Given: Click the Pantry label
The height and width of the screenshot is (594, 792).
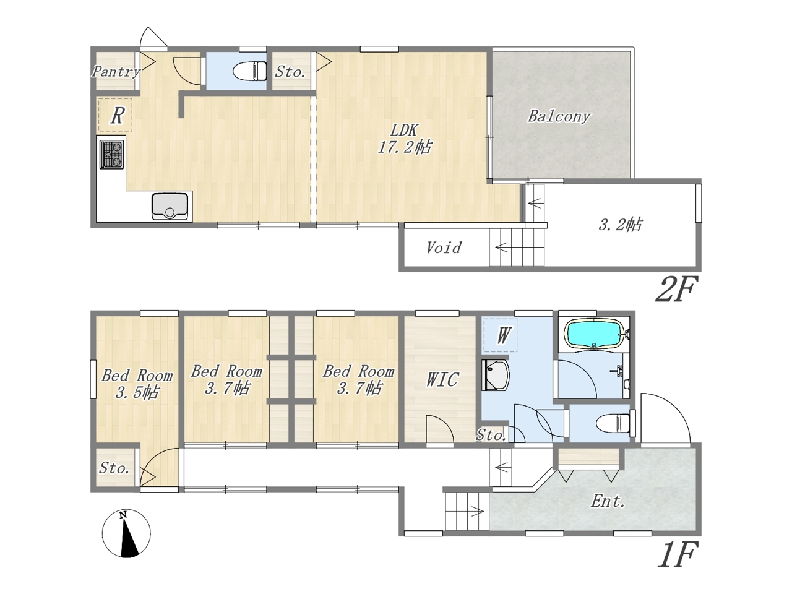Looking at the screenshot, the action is coord(116,71).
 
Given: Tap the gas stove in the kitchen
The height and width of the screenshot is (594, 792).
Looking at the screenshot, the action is coord(112,154).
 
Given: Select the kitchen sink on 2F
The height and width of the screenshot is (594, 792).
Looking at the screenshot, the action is coord(170,207).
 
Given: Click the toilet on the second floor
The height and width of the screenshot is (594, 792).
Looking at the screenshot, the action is coord(250,71).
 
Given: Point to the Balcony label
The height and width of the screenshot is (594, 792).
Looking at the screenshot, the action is coord(559,117).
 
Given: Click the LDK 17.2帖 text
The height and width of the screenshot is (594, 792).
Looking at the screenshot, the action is coord(404,139).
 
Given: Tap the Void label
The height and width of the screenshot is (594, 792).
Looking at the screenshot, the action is coord(444,247).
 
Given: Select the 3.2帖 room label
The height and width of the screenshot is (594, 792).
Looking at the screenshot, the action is coord(620,225).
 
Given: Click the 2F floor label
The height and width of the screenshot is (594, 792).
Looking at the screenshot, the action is coord(674,289).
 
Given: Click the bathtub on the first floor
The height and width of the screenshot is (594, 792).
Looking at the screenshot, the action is coord(595,334).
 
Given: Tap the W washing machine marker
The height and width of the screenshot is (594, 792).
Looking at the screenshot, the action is coord(501,335).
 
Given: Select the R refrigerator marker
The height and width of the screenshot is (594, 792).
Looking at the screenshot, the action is coord(116,116).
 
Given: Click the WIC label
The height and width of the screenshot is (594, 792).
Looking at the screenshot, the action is coord(442,379).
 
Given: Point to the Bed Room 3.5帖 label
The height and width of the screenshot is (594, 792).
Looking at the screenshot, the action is coord(137,384).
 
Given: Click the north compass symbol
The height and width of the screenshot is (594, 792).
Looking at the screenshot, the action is coord(126,534).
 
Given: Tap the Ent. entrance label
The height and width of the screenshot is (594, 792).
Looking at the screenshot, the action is coord(608,501).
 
